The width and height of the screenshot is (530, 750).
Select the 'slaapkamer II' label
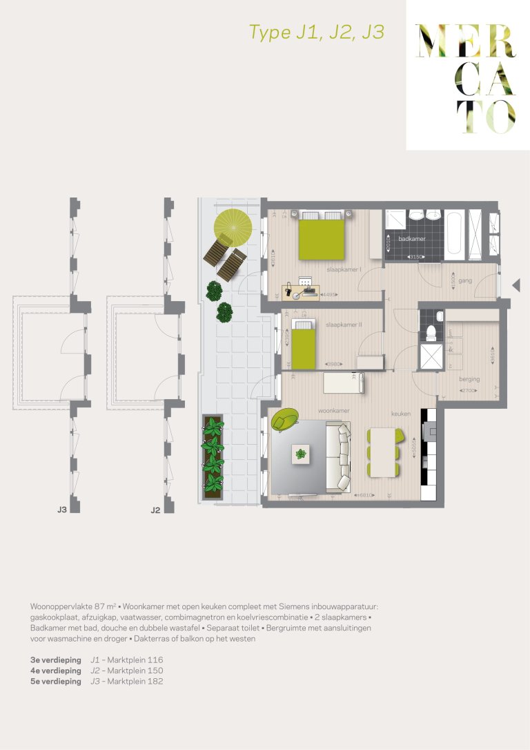point(343,324)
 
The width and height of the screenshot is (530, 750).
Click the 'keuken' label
point(401,414)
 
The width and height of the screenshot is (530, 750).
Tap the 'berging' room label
point(469,379)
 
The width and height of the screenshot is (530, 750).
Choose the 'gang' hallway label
point(464,281)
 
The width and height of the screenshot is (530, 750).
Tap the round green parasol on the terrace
point(233,226)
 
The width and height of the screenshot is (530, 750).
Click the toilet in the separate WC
point(430,334)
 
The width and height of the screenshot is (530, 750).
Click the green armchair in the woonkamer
point(285,419)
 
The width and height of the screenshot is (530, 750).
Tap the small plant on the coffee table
point(301,454)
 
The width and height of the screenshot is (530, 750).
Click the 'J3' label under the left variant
point(61,510)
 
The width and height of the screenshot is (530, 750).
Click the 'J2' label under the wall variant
point(155,510)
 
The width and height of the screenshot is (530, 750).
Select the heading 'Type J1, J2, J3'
point(316,32)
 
